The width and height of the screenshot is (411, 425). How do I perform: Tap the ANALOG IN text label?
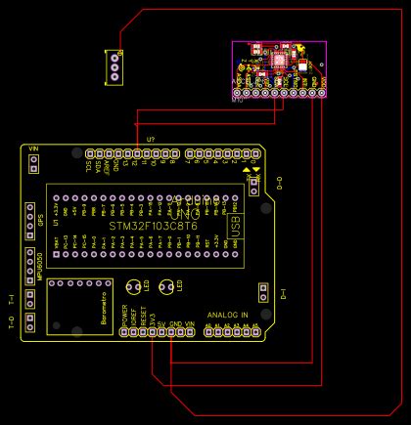point(227,315)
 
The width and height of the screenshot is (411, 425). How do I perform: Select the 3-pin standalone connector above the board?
point(114,66)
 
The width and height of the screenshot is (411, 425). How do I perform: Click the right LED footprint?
point(166,287)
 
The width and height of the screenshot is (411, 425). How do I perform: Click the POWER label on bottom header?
point(124,318)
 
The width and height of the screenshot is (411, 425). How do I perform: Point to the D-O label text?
point(279,182)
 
